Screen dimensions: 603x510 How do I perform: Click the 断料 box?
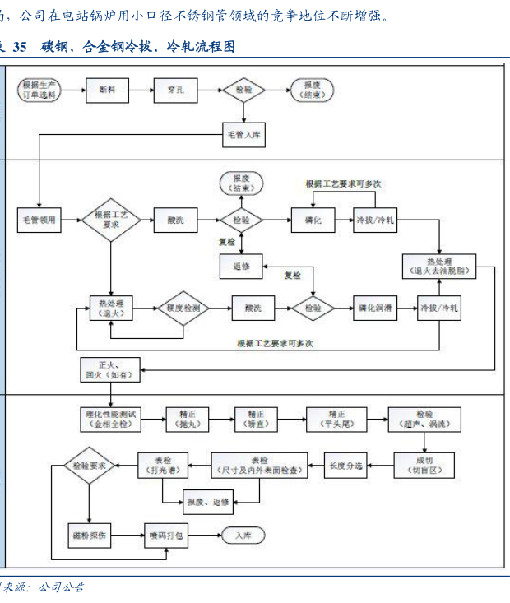click(x=108, y=90)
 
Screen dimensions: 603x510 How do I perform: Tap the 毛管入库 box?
click(x=243, y=134)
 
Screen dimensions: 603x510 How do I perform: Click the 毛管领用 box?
click(x=39, y=220)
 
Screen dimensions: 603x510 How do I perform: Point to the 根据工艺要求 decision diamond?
click(x=110, y=220)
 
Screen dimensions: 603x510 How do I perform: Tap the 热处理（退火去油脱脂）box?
click(x=439, y=265)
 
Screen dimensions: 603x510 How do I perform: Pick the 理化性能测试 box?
click(x=109, y=419)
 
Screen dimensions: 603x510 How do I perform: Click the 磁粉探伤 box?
click(x=88, y=535)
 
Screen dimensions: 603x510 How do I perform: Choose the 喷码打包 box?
click(x=168, y=535)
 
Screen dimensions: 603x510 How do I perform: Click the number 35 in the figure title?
click(x=21, y=47)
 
